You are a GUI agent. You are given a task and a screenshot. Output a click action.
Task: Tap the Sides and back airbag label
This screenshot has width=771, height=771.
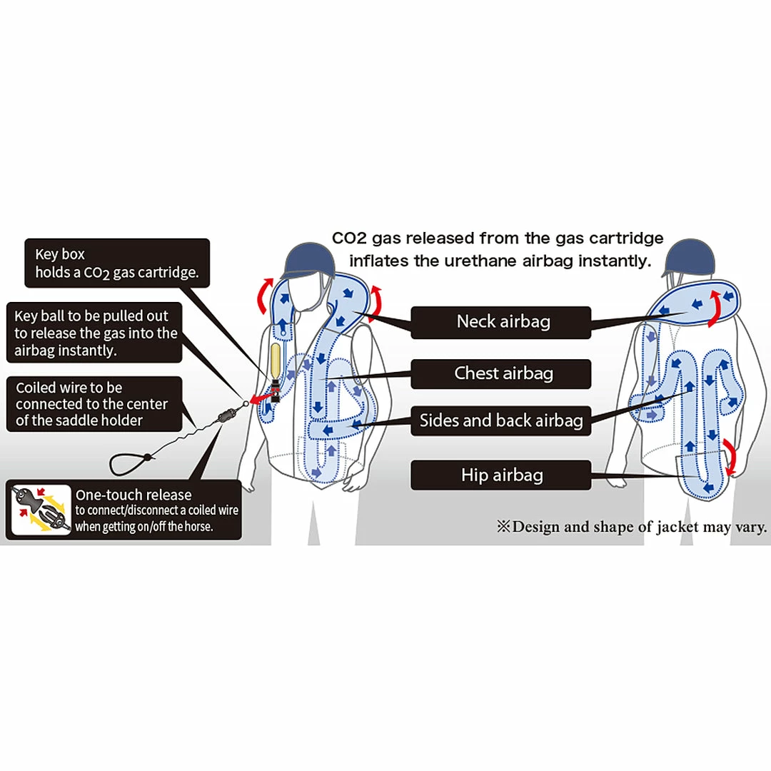[x=501, y=420]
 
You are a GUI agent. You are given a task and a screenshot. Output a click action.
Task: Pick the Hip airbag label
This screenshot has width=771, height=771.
[x=501, y=475]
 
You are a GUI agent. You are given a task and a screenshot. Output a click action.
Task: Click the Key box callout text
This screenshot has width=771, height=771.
[x=117, y=263]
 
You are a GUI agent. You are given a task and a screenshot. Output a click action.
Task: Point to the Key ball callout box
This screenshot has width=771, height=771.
[x=96, y=333]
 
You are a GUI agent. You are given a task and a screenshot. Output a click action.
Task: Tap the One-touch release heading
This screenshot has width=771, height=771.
[x=133, y=495]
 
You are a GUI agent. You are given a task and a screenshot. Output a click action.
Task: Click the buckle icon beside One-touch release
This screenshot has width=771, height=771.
[x=41, y=510]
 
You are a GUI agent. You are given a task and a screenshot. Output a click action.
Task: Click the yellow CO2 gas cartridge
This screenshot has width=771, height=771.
[x=274, y=363]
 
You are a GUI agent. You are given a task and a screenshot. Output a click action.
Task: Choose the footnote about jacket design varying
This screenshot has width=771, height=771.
[x=633, y=528]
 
